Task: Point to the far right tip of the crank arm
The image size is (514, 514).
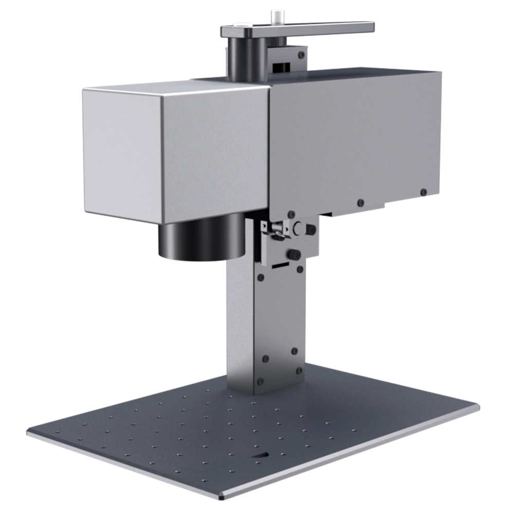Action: (x=371, y=27)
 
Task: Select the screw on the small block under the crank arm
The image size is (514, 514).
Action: (x=301, y=54)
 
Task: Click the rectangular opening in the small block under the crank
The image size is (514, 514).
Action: (x=280, y=67)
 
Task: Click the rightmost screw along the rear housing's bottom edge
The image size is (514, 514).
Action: (x=423, y=192)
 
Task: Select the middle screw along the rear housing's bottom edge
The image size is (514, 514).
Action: (x=360, y=203)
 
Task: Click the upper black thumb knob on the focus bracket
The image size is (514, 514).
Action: (x=311, y=230)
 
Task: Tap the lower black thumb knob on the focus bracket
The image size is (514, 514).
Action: (x=295, y=254)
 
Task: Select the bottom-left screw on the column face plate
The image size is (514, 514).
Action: (x=260, y=381)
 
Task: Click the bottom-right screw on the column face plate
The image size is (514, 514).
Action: (x=298, y=370)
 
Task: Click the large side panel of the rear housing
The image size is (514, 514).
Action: (x=355, y=134)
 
